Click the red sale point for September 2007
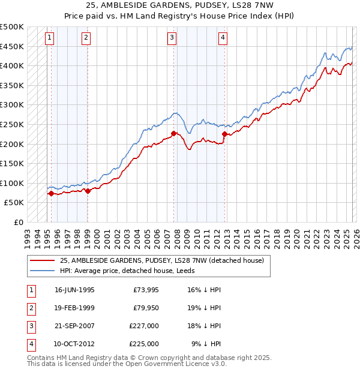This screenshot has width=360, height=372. (173, 133)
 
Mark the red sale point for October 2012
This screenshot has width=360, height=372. (224, 134)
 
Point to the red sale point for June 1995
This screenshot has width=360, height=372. (51, 193)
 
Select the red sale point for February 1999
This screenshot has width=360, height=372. (88, 191)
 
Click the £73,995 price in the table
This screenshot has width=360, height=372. (144, 290)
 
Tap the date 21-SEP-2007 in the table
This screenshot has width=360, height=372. (74, 327)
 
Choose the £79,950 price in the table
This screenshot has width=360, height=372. (144, 308)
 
